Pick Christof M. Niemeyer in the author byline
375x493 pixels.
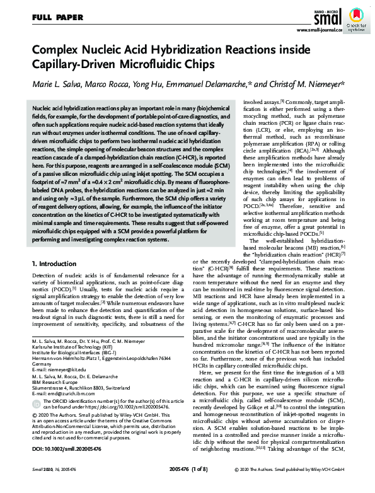point(307,84)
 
